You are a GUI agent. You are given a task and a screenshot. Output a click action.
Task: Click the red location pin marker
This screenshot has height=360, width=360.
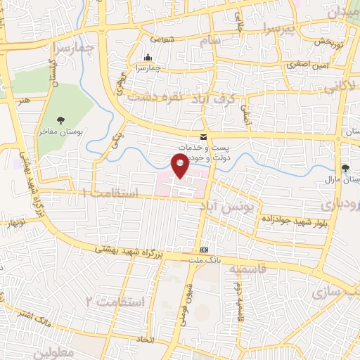[181, 165]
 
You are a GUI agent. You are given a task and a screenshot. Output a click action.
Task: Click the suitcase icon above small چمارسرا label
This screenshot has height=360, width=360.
[148, 58]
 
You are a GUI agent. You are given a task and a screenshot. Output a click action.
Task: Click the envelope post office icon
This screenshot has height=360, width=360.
[203, 136]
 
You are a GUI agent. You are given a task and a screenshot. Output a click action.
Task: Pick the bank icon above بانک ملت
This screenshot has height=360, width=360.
[204, 250]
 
